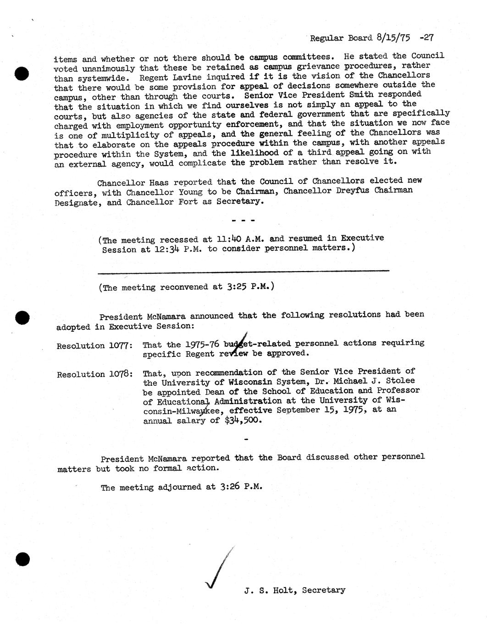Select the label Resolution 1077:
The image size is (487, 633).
coord(95,346)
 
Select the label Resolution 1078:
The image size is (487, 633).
coord(95,374)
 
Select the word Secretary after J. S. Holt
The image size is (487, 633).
coord(324,590)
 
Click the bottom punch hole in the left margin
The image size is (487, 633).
coord(22,559)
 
